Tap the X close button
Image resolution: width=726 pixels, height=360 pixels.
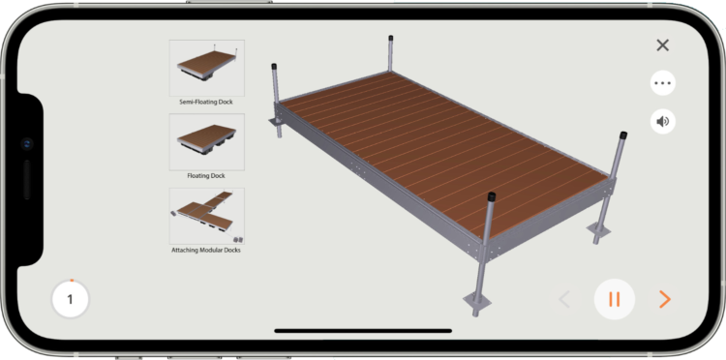pyautogui.click(x=662, y=45)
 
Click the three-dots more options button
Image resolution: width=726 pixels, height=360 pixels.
pyautogui.click(x=662, y=83)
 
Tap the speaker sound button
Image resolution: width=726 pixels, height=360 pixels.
pyautogui.click(x=662, y=122)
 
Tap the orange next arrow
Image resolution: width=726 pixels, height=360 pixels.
pyautogui.click(x=665, y=299)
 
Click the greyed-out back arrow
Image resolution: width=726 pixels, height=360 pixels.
pyautogui.click(x=564, y=299)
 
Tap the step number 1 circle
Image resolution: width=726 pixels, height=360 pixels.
pyautogui.click(x=70, y=299)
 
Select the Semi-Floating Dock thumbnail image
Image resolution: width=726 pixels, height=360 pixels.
pyautogui.click(x=206, y=68)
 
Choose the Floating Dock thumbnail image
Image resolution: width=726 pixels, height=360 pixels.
pyautogui.click(x=206, y=142)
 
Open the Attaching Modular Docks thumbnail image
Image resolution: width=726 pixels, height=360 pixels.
pyautogui.click(x=206, y=216)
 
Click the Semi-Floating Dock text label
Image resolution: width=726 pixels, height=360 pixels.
pyautogui.click(x=206, y=102)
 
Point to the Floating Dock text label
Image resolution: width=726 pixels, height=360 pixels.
pyautogui.click(x=206, y=176)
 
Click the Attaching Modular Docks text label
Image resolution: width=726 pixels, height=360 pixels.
pyautogui.click(x=206, y=251)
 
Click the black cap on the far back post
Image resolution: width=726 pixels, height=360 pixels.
pyautogui.click(x=391, y=38)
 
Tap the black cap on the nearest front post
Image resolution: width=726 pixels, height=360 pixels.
pyautogui.click(x=491, y=196)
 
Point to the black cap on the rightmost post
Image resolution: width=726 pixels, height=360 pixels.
pyautogui.click(x=623, y=136)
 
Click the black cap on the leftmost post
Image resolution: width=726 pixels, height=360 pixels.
pyautogui.click(x=274, y=66)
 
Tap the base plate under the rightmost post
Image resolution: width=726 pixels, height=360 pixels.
pyautogui.click(x=600, y=230)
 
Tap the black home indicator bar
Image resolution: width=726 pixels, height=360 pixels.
pyautogui.click(x=363, y=331)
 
